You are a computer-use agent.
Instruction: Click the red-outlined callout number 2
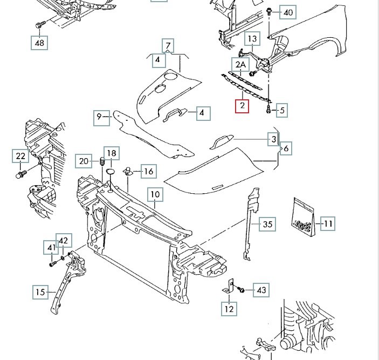(x=242, y=106)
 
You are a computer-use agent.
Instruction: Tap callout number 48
(x=39, y=42)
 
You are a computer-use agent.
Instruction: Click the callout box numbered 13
(x=253, y=39)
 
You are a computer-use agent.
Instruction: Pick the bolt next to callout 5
(x=268, y=111)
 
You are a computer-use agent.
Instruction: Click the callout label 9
(x=100, y=116)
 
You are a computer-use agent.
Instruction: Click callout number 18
(x=110, y=153)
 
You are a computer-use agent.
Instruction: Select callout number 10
(x=155, y=194)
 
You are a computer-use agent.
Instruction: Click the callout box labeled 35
(x=267, y=224)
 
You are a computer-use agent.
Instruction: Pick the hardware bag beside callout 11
(x=304, y=218)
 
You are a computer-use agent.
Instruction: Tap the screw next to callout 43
(x=242, y=290)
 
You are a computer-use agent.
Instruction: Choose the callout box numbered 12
(x=229, y=309)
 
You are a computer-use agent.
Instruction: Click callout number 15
(x=40, y=293)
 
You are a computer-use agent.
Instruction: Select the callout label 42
(x=64, y=240)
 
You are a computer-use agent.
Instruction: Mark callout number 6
(x=286, y=148)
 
